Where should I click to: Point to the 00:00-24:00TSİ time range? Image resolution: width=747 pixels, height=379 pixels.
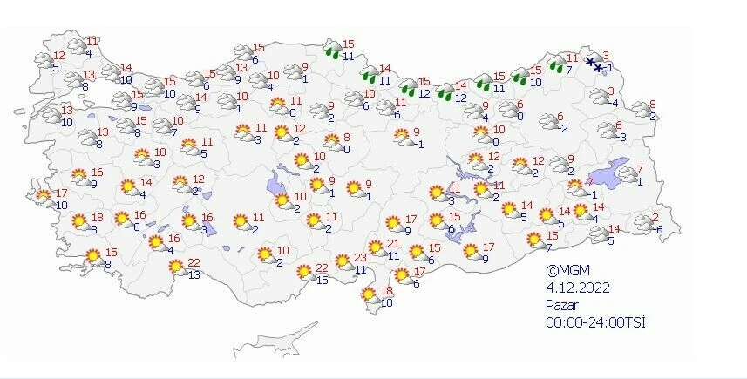pos(595,322)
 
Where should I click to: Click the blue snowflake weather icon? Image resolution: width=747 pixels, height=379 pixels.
pos(594,64)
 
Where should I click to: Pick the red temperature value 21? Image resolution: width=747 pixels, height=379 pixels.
pos(392,243)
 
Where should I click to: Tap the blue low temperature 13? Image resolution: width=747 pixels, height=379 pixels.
pos(194,275)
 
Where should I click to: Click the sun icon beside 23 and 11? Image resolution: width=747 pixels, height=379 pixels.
pos(343,261)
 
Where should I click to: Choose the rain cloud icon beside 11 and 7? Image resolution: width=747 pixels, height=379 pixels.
pos(556,63)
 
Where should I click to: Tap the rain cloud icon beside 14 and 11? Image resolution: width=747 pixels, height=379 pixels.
pos(369,73)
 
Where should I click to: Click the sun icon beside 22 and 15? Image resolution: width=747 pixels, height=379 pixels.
pos(304,272)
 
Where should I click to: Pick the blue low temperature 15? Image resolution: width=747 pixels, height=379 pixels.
pos(322,279)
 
